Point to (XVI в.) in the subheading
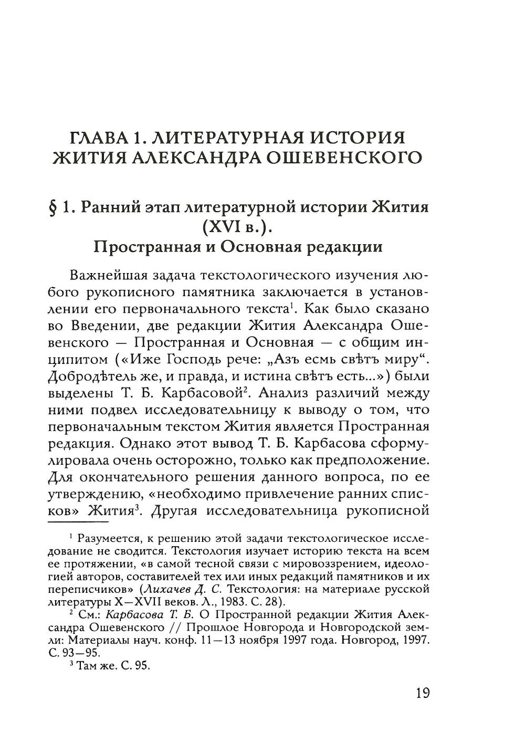pos(238,228)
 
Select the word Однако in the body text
pos(147,443)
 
